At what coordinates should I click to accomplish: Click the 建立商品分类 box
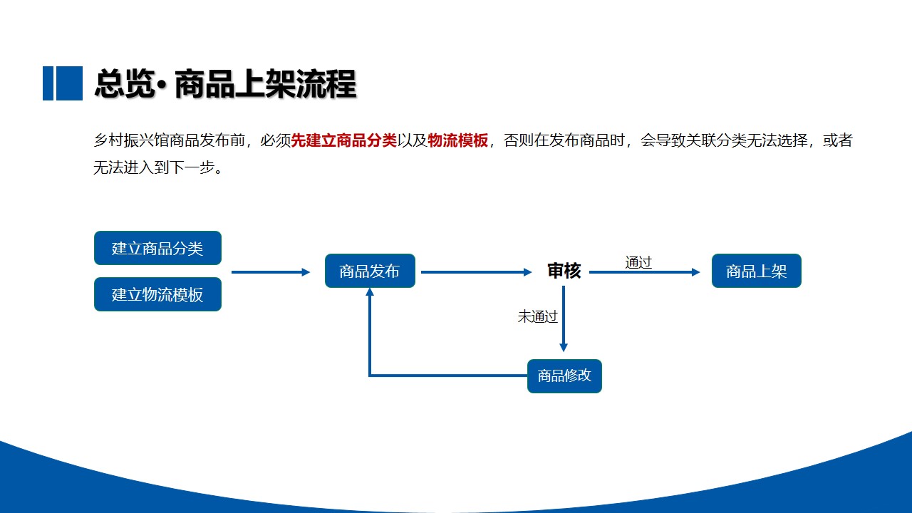click(x=157, y=248)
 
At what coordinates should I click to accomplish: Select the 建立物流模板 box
click(x=157, y=294)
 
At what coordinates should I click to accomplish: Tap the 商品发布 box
click(x=370, y=271)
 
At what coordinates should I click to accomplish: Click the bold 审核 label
click(x=564, y=271)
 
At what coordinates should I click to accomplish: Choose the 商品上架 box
click(x=757, y=271)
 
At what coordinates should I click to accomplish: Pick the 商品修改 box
click(x=564, y=375)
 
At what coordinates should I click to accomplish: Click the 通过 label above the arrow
click(x=638, y=263)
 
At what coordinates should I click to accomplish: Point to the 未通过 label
click(x=537, y=317)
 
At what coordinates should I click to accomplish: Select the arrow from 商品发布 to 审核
click(x=477, y=272)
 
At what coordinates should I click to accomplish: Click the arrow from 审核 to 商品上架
click(x=645, y=272)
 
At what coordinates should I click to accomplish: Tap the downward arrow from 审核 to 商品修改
click(x=564, y=318)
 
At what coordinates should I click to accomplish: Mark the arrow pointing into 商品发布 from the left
click(x=271, y=272)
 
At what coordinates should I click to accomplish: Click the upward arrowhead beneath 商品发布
click(x=370, y=291)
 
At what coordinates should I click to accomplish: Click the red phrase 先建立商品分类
click(x=344, y=140)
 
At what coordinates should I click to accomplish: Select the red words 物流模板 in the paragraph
click(x=458, y=140)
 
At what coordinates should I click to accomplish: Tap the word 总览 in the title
click(x=125, y=84)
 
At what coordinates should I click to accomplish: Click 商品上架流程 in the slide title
click(x=266, y=84)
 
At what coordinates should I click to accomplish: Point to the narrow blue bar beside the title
click(x=48, y=83)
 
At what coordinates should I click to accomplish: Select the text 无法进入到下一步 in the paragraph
click(x=154, y=167)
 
